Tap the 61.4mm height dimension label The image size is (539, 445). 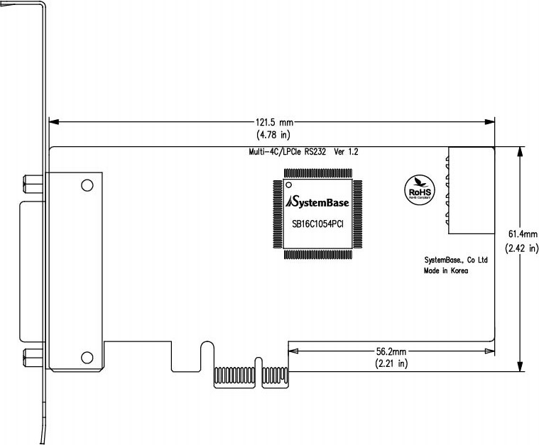(522, 234)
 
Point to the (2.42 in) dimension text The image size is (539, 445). (522, 248)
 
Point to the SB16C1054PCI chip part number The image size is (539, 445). (317, 224)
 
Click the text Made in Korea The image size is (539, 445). (446, 270)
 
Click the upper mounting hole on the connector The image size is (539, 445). (87, 186)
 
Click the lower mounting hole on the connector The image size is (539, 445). (87, 357)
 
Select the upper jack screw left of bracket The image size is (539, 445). (33, 186)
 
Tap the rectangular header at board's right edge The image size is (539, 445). (470, 191)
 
